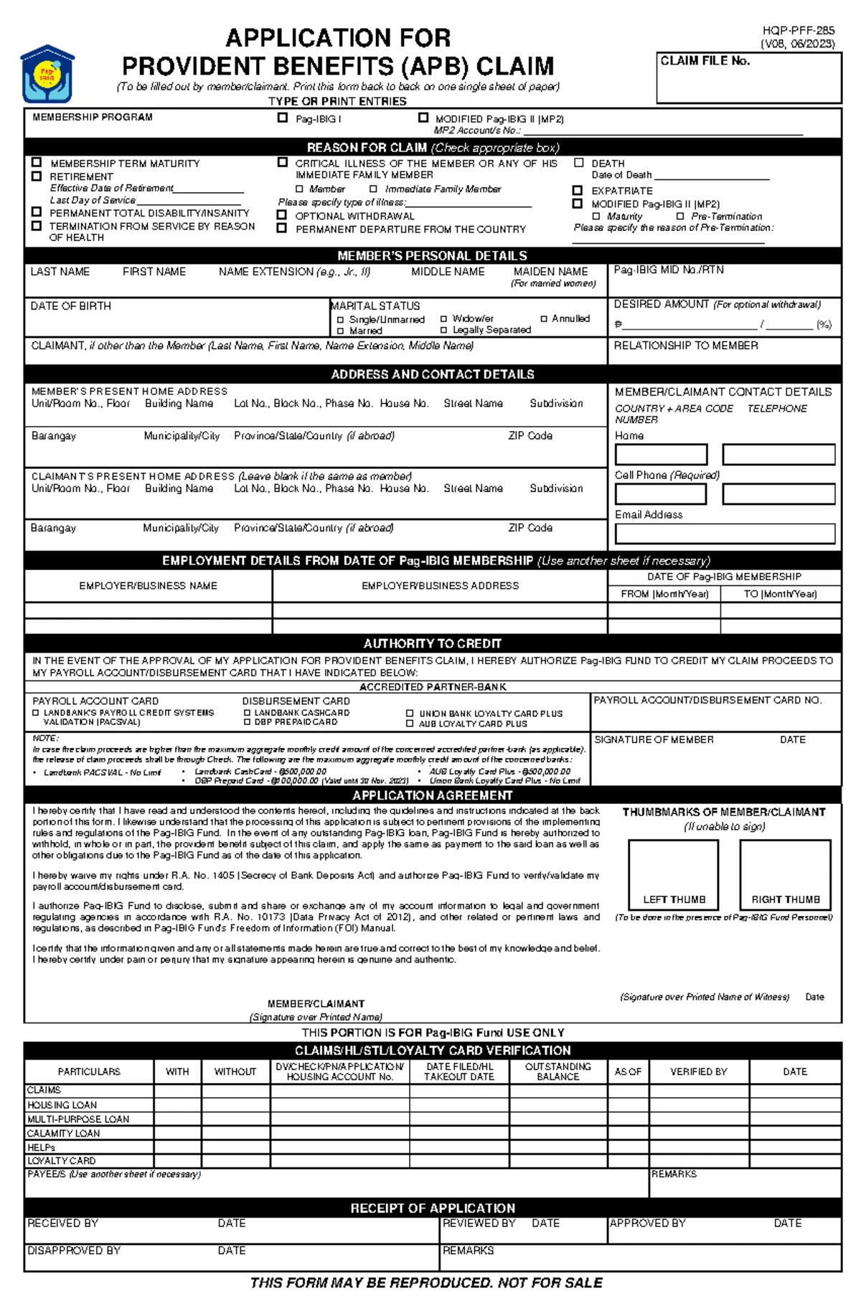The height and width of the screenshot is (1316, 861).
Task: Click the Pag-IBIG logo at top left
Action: (47, 74)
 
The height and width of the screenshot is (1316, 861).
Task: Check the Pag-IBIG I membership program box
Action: (283, 118)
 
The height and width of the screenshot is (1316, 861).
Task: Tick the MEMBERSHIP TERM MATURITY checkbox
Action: (37, 163)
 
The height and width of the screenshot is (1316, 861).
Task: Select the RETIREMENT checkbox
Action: (37, 176)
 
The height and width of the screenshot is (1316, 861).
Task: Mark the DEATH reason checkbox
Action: (578, 163)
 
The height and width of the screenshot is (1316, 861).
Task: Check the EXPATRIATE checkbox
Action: (577, 190)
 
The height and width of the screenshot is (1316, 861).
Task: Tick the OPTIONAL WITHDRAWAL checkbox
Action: (282, 215)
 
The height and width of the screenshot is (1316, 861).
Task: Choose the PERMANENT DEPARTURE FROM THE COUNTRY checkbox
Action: (282, 228)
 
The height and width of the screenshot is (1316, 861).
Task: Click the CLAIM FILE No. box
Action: (748, 78)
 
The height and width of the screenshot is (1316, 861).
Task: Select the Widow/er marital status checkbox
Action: (444, 318)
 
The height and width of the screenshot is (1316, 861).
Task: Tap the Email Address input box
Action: (725, 533)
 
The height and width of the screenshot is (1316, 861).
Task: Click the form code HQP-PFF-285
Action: (799, 31)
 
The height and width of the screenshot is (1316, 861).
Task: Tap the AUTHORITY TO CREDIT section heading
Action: (432, 643)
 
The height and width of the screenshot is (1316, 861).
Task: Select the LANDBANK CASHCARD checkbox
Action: (248, 713)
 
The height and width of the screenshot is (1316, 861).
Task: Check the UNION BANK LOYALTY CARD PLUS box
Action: (410, 714)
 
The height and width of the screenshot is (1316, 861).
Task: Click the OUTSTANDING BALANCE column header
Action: (557, 1071)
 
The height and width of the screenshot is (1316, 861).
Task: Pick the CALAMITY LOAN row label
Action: (63, 1133)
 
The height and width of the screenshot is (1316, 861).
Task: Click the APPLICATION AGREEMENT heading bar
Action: (432, 795)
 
